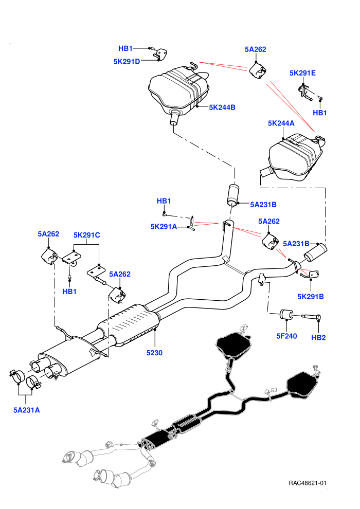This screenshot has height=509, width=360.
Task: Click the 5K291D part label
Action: click(127, 61)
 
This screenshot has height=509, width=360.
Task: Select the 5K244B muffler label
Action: click(222, 107)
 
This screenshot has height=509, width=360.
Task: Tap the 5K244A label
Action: click(281, 123)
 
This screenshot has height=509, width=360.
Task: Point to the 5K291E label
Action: click(302, 72)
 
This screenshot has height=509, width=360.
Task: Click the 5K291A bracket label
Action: click(164, 226)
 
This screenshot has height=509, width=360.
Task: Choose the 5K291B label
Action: click(311, 296)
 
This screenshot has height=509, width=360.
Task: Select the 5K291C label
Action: click(87, 234)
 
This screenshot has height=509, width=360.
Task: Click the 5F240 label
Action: click(286, 336)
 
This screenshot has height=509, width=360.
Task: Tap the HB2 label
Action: click(318, 337)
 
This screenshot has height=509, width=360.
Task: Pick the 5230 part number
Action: click(154, 353)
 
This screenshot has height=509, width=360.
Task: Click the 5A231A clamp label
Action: click(27, 410)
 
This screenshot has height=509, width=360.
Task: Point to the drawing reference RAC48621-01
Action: click(308, 483)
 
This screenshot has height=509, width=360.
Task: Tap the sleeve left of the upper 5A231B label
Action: click(232, 195)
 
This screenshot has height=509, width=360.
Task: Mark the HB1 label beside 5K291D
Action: click(125, 48)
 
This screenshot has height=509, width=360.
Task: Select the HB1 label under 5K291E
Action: click(320, 113)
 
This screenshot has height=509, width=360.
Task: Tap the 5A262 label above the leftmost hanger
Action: click(48, 234)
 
